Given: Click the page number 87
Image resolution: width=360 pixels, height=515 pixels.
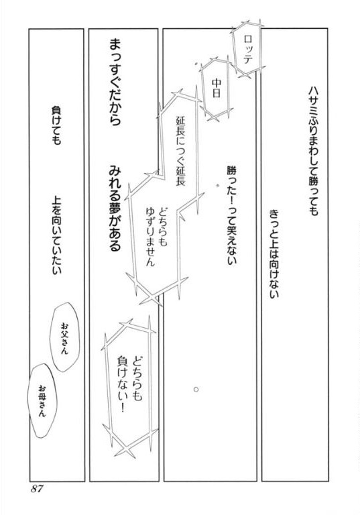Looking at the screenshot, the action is pos(37,489).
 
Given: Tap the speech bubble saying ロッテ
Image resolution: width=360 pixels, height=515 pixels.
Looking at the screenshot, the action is pos(247,48).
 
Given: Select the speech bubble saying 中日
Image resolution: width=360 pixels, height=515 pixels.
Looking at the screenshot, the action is pos(215,88).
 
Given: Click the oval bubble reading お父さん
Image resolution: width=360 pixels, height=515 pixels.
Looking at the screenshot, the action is pos(65,337).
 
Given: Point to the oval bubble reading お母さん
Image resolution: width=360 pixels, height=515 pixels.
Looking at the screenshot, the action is pos(42,400).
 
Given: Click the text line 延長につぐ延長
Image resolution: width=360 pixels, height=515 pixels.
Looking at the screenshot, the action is pos(181,150).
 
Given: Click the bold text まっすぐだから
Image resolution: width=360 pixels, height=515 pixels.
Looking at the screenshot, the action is pos(115,82).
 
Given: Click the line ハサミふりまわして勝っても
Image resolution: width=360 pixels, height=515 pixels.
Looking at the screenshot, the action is pos(313,151).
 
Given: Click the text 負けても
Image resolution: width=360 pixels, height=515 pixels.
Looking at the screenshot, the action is pos(56,125).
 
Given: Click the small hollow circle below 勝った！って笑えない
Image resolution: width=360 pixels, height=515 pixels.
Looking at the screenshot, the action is pos(196,389).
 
